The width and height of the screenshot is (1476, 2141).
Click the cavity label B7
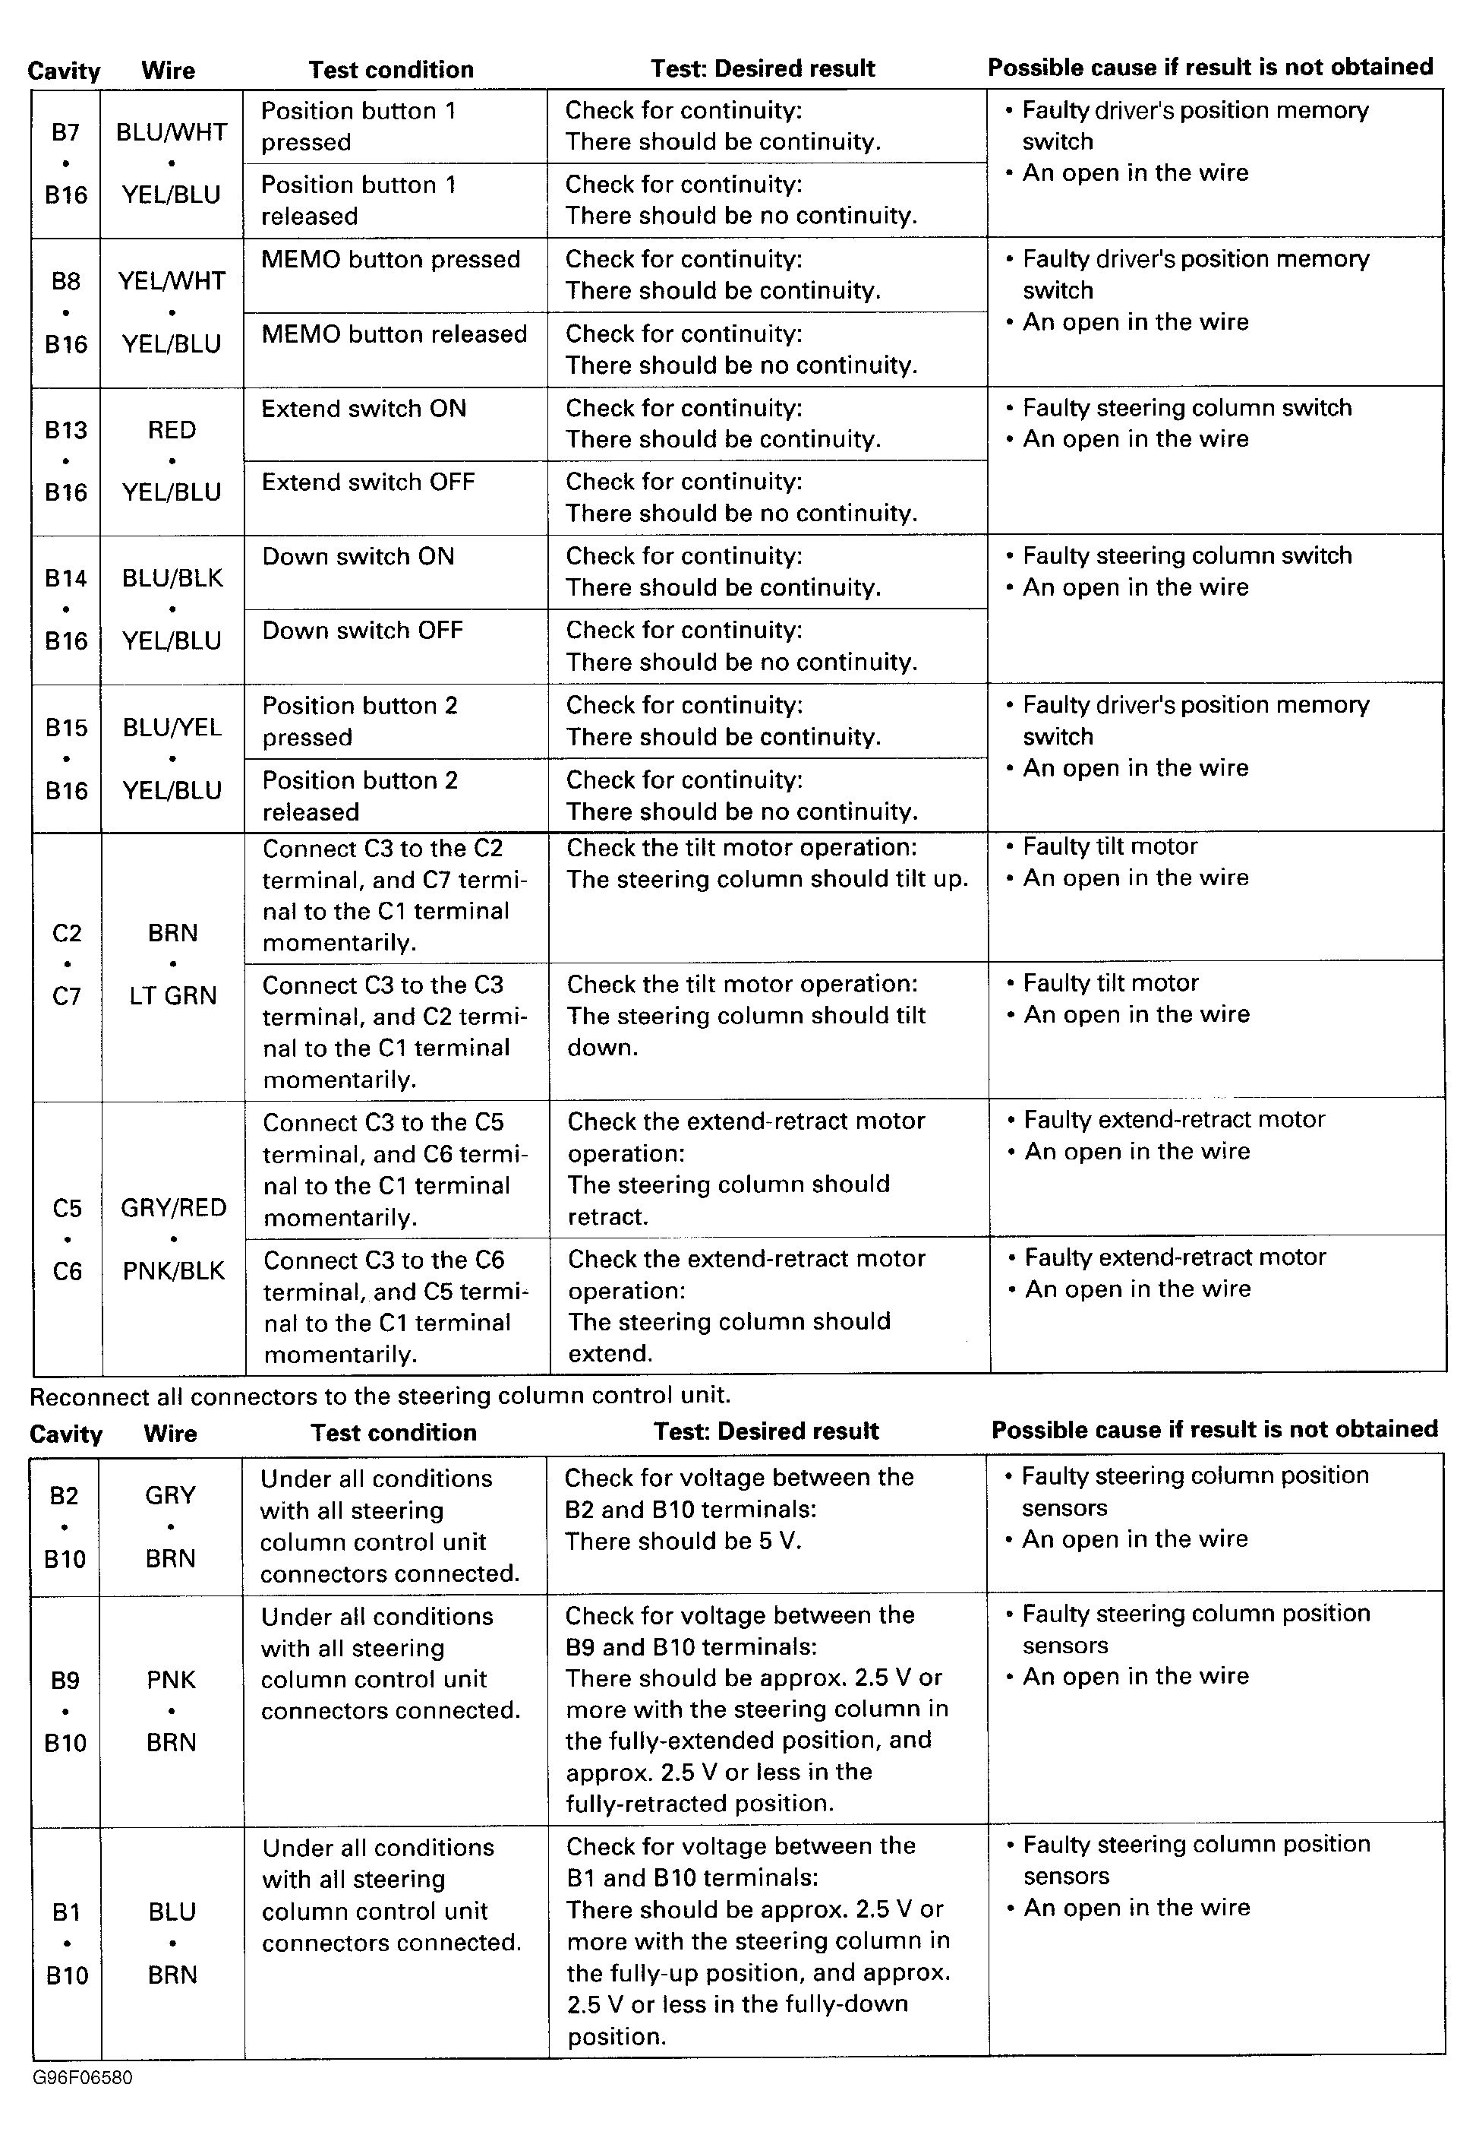(x=65, y=132)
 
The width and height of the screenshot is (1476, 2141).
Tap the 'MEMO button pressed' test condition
(x=390, y=259)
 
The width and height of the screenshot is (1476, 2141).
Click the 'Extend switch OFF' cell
(x=368, y=482)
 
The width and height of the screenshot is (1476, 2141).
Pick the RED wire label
(x=172, y=430)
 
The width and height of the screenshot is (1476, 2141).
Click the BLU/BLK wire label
(x=172, y=578)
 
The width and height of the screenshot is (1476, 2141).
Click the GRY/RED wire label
(x=173, y=1207)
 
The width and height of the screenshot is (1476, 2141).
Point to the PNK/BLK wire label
(x=173, y=1271)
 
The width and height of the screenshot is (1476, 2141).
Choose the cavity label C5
(x=67, y=1207)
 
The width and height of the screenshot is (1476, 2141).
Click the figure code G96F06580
(x=82, y=2097)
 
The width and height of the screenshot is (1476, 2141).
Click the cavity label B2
(x=65, y=1495)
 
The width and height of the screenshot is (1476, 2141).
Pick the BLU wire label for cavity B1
(x=172, y=1912)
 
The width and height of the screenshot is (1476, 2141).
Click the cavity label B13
(x=65, y=430)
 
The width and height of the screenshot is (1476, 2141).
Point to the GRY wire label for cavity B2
(x=170, y=1495)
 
